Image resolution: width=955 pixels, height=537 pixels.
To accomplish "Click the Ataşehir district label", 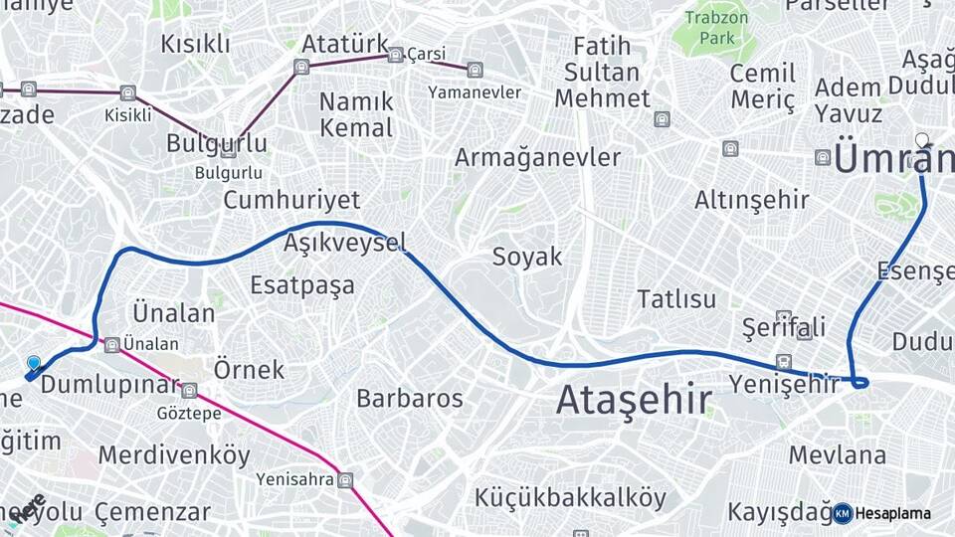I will (x=634, y=400).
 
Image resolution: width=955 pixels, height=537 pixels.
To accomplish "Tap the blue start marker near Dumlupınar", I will (x=34, y=365).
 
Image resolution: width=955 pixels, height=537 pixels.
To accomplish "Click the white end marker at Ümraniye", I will (x=922, y=140).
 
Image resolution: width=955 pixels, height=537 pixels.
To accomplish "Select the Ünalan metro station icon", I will (x=112, y=344).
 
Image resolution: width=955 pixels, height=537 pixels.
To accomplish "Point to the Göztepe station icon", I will (x=189, y=391).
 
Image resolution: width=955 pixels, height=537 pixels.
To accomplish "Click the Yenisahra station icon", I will (x=345, y=480).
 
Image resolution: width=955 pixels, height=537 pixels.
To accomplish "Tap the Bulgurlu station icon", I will (x=228, y=151).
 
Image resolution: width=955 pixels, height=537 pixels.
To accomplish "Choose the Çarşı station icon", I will (x=395, y=55).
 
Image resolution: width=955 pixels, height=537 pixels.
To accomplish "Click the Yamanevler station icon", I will (x=475, y=70).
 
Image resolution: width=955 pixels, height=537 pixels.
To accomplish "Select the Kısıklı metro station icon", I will (x=127, y=93).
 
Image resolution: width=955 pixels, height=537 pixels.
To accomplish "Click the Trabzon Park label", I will (x=715, y=28).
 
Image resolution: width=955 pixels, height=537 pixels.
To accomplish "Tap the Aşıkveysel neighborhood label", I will (x=344, y=243).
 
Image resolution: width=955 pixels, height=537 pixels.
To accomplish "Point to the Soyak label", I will (x=527, y=257).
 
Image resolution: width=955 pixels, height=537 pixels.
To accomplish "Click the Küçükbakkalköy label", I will (x=570, y=496).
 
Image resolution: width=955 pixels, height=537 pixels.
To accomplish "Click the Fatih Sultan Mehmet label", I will (x=602, y=72).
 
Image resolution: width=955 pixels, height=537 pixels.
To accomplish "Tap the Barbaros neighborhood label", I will (x=410, y=399).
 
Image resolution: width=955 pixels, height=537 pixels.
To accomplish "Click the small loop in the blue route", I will (x=859, y=382).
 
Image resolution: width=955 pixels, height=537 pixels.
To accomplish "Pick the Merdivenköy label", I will (x=174, y=455).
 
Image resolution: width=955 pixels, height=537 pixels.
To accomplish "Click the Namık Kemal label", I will (x=356, y=114).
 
